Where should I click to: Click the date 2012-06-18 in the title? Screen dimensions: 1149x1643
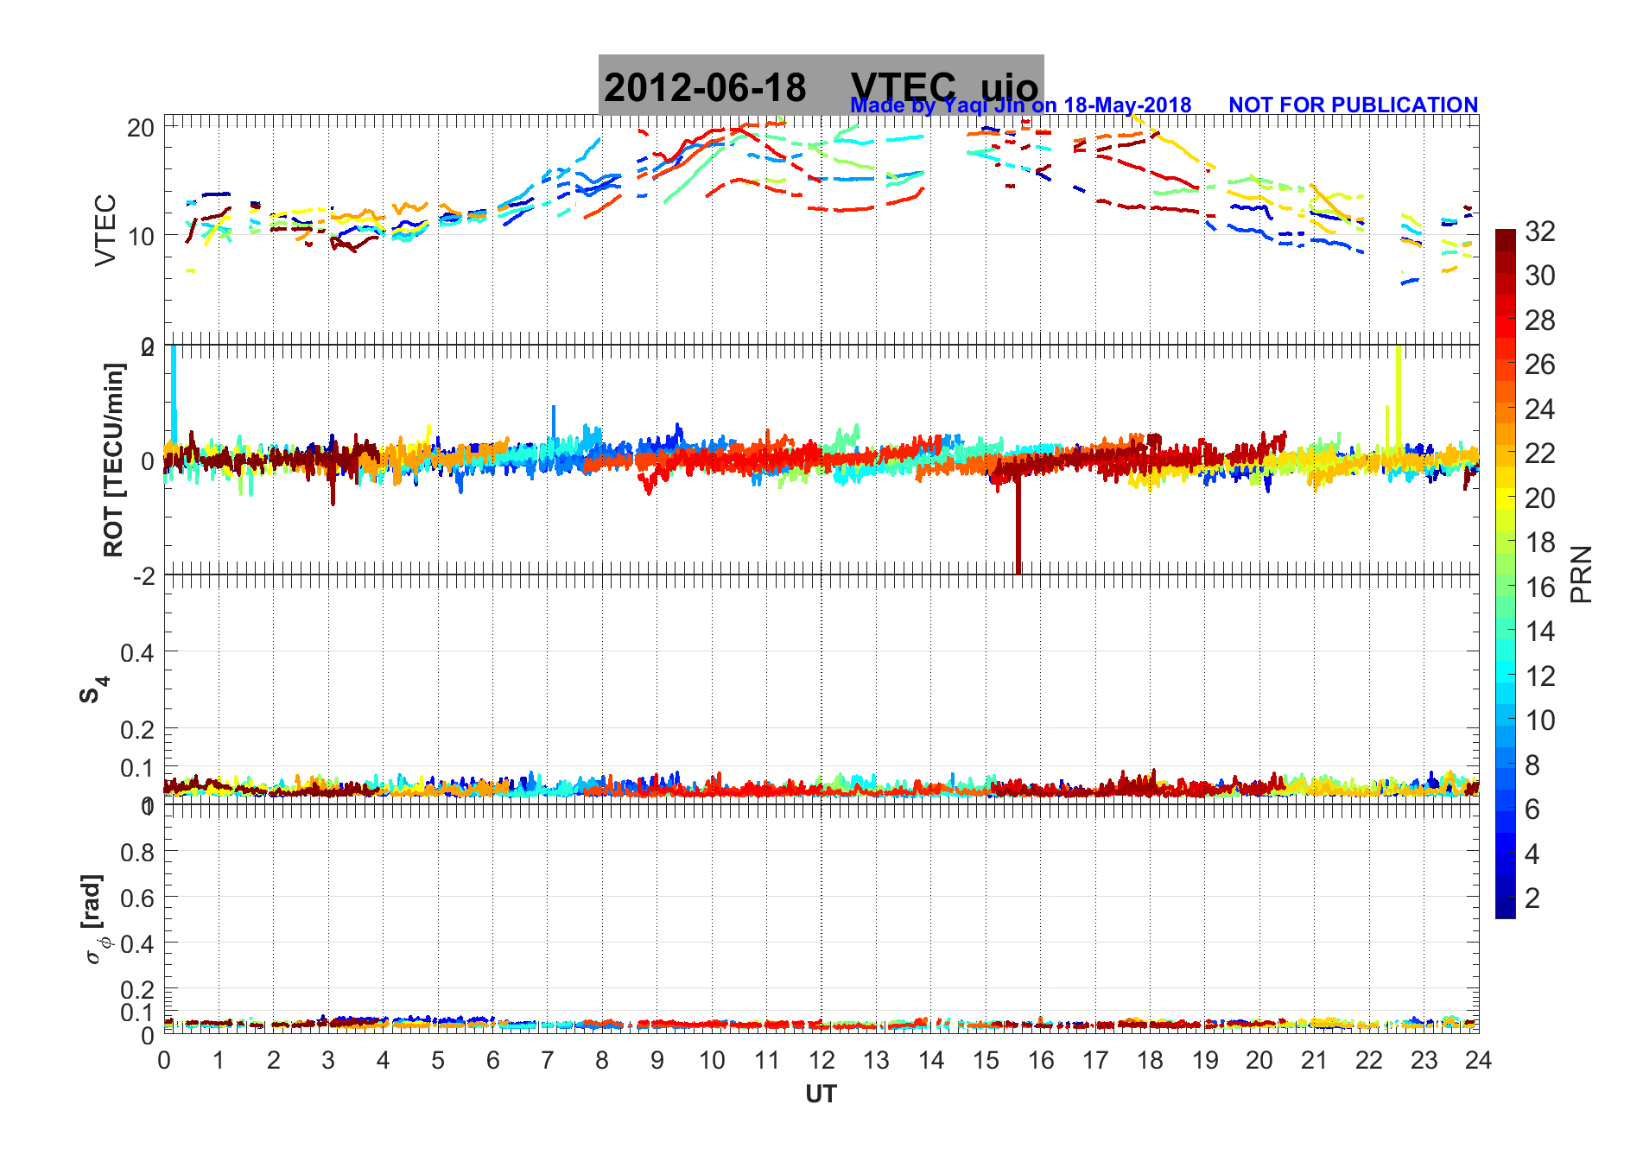pos(705,88)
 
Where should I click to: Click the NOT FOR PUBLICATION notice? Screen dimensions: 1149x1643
pos(1353,105)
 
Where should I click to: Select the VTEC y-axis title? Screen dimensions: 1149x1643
pos(105,230)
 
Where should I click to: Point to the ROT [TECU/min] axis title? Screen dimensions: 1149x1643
pos(113,460)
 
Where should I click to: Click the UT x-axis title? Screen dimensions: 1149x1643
pos(821,1095)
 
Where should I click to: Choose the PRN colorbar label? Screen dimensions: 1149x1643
pos(1581,574)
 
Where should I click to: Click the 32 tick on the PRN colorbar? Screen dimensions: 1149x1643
pos(1539,232)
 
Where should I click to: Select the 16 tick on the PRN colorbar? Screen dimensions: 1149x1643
pos(1539,587)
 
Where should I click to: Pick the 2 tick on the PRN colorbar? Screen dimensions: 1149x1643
pos(1532,898)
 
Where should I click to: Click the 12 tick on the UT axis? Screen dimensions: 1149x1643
pos(821,1061)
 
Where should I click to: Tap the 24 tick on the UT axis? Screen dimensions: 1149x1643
pos(1478,1061)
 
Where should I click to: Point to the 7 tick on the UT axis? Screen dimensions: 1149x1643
pos(548,1061)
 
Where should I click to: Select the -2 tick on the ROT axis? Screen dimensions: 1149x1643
pos(143,576)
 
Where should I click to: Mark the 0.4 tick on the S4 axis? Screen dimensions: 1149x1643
pos(137,652)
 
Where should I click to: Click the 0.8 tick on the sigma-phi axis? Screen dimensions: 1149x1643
pos(137,853)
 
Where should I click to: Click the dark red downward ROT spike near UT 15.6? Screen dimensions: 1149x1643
pos(1018,536)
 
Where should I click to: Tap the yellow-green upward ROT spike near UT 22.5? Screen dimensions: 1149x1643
pos(1398,389)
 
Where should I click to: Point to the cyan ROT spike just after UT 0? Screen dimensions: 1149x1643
pos(174,389)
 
